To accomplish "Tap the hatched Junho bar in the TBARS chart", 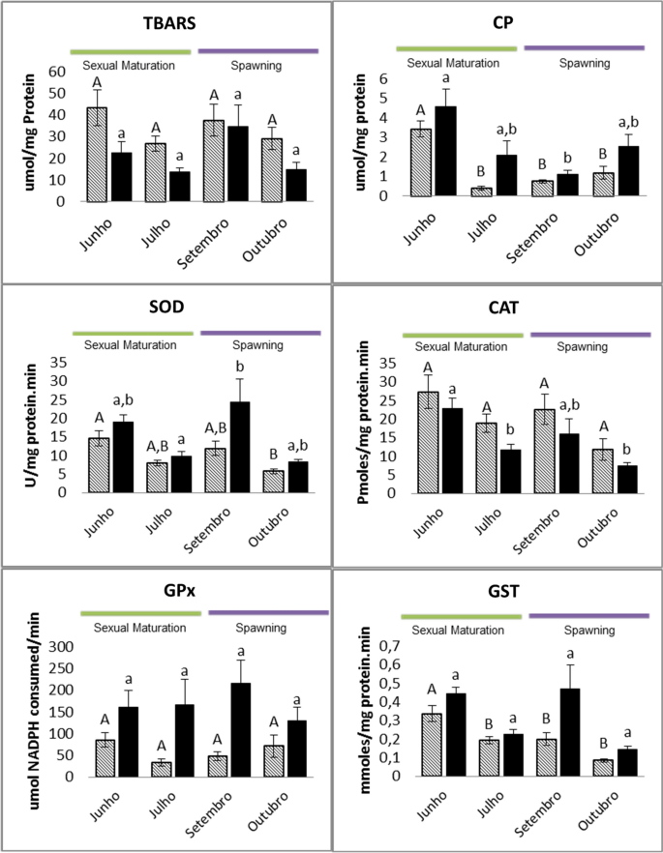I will [97, 155].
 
